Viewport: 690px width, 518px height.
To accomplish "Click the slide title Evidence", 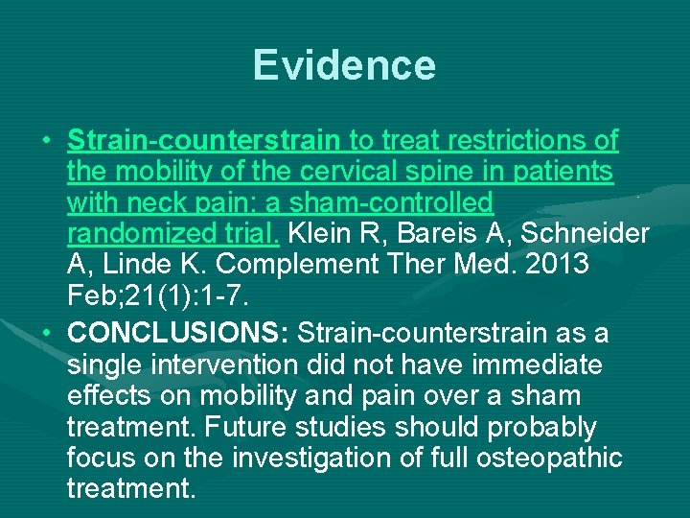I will click(344, 65).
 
